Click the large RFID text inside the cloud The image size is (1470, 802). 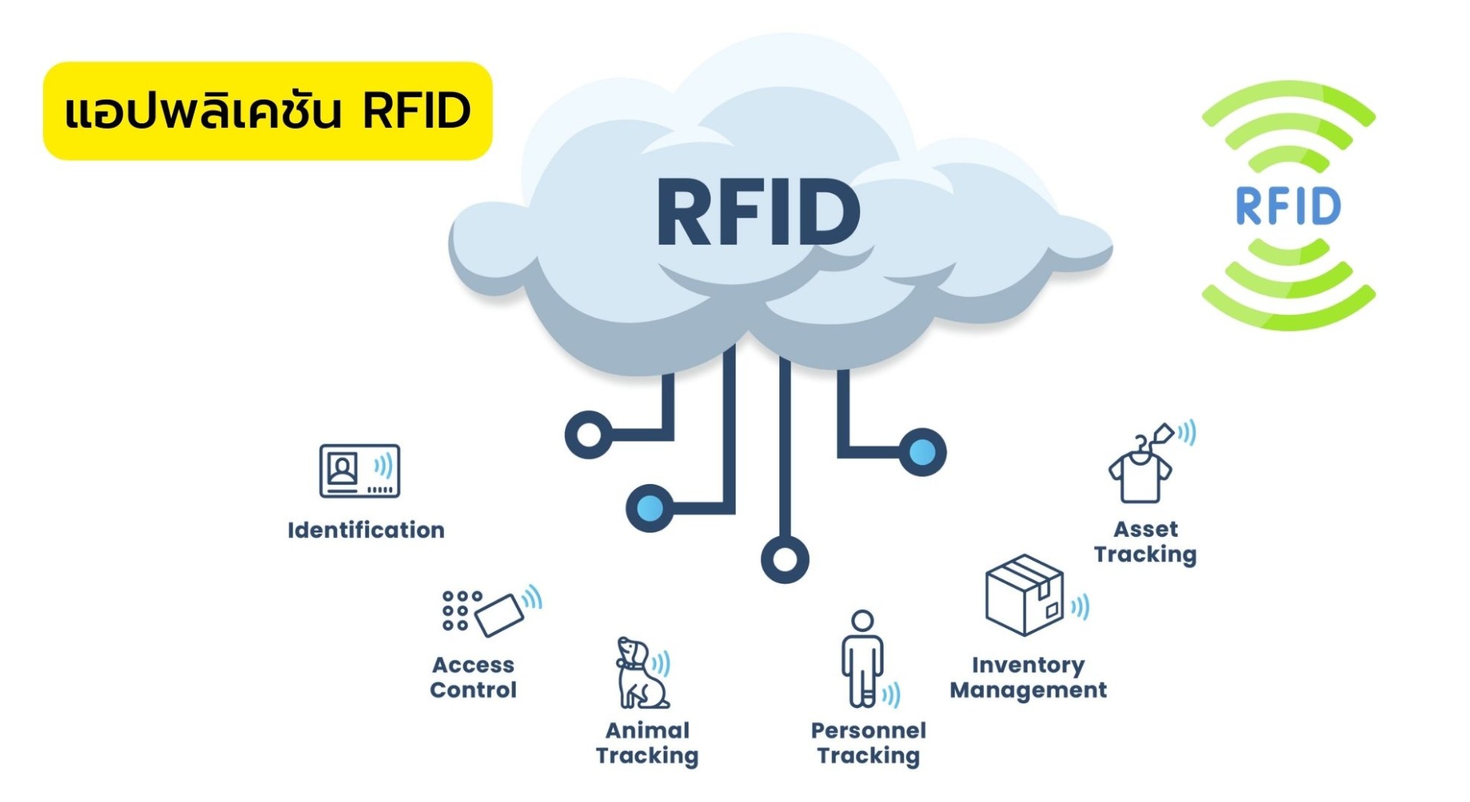coord(758,212)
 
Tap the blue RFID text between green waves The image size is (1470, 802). coord(1288,205)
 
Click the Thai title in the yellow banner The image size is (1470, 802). coord(267,111)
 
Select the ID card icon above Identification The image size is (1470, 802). coord(359,470)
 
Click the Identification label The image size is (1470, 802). coord(366,530)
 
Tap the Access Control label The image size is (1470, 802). coord(473,677)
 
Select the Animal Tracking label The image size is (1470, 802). coord(647,742)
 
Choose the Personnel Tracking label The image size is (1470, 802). coord(868,742)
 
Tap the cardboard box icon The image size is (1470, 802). coord(1024,595)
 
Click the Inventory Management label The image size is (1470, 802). coord(1028,677)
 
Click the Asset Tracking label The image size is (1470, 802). coord(1145,542)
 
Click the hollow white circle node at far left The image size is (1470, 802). coord(588,434)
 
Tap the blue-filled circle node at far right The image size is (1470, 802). coord(922,452)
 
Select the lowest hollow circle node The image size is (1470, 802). coord(785,559)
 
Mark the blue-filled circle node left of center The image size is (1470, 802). coord(650,508)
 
